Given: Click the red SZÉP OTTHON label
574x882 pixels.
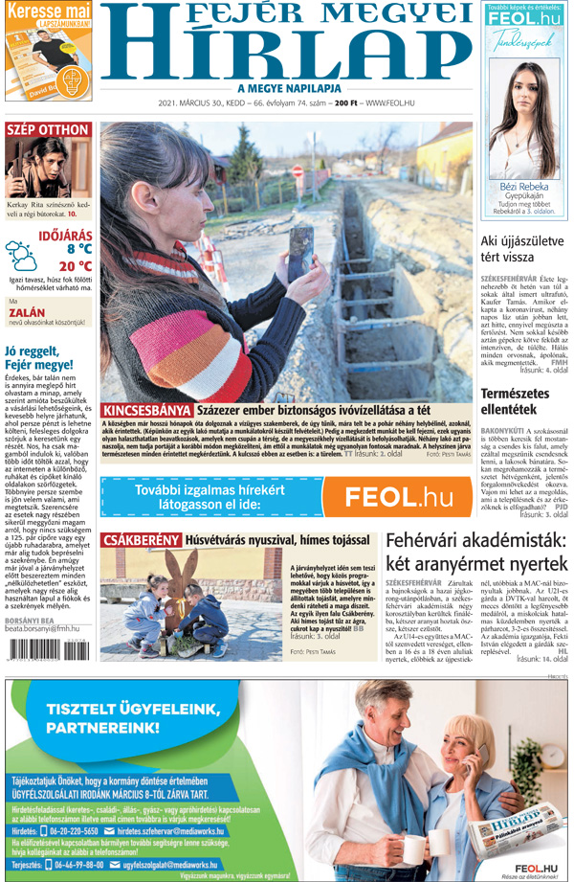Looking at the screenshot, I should click(x=48, y=130).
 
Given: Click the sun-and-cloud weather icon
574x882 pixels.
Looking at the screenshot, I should click(x=23, y=255).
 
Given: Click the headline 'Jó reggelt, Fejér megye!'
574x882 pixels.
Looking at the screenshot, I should click(x=38, y=357).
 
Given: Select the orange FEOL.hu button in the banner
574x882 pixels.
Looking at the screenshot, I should click(x=400, y=496).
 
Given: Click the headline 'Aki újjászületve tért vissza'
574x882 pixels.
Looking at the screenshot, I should click(x=521, y=249).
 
